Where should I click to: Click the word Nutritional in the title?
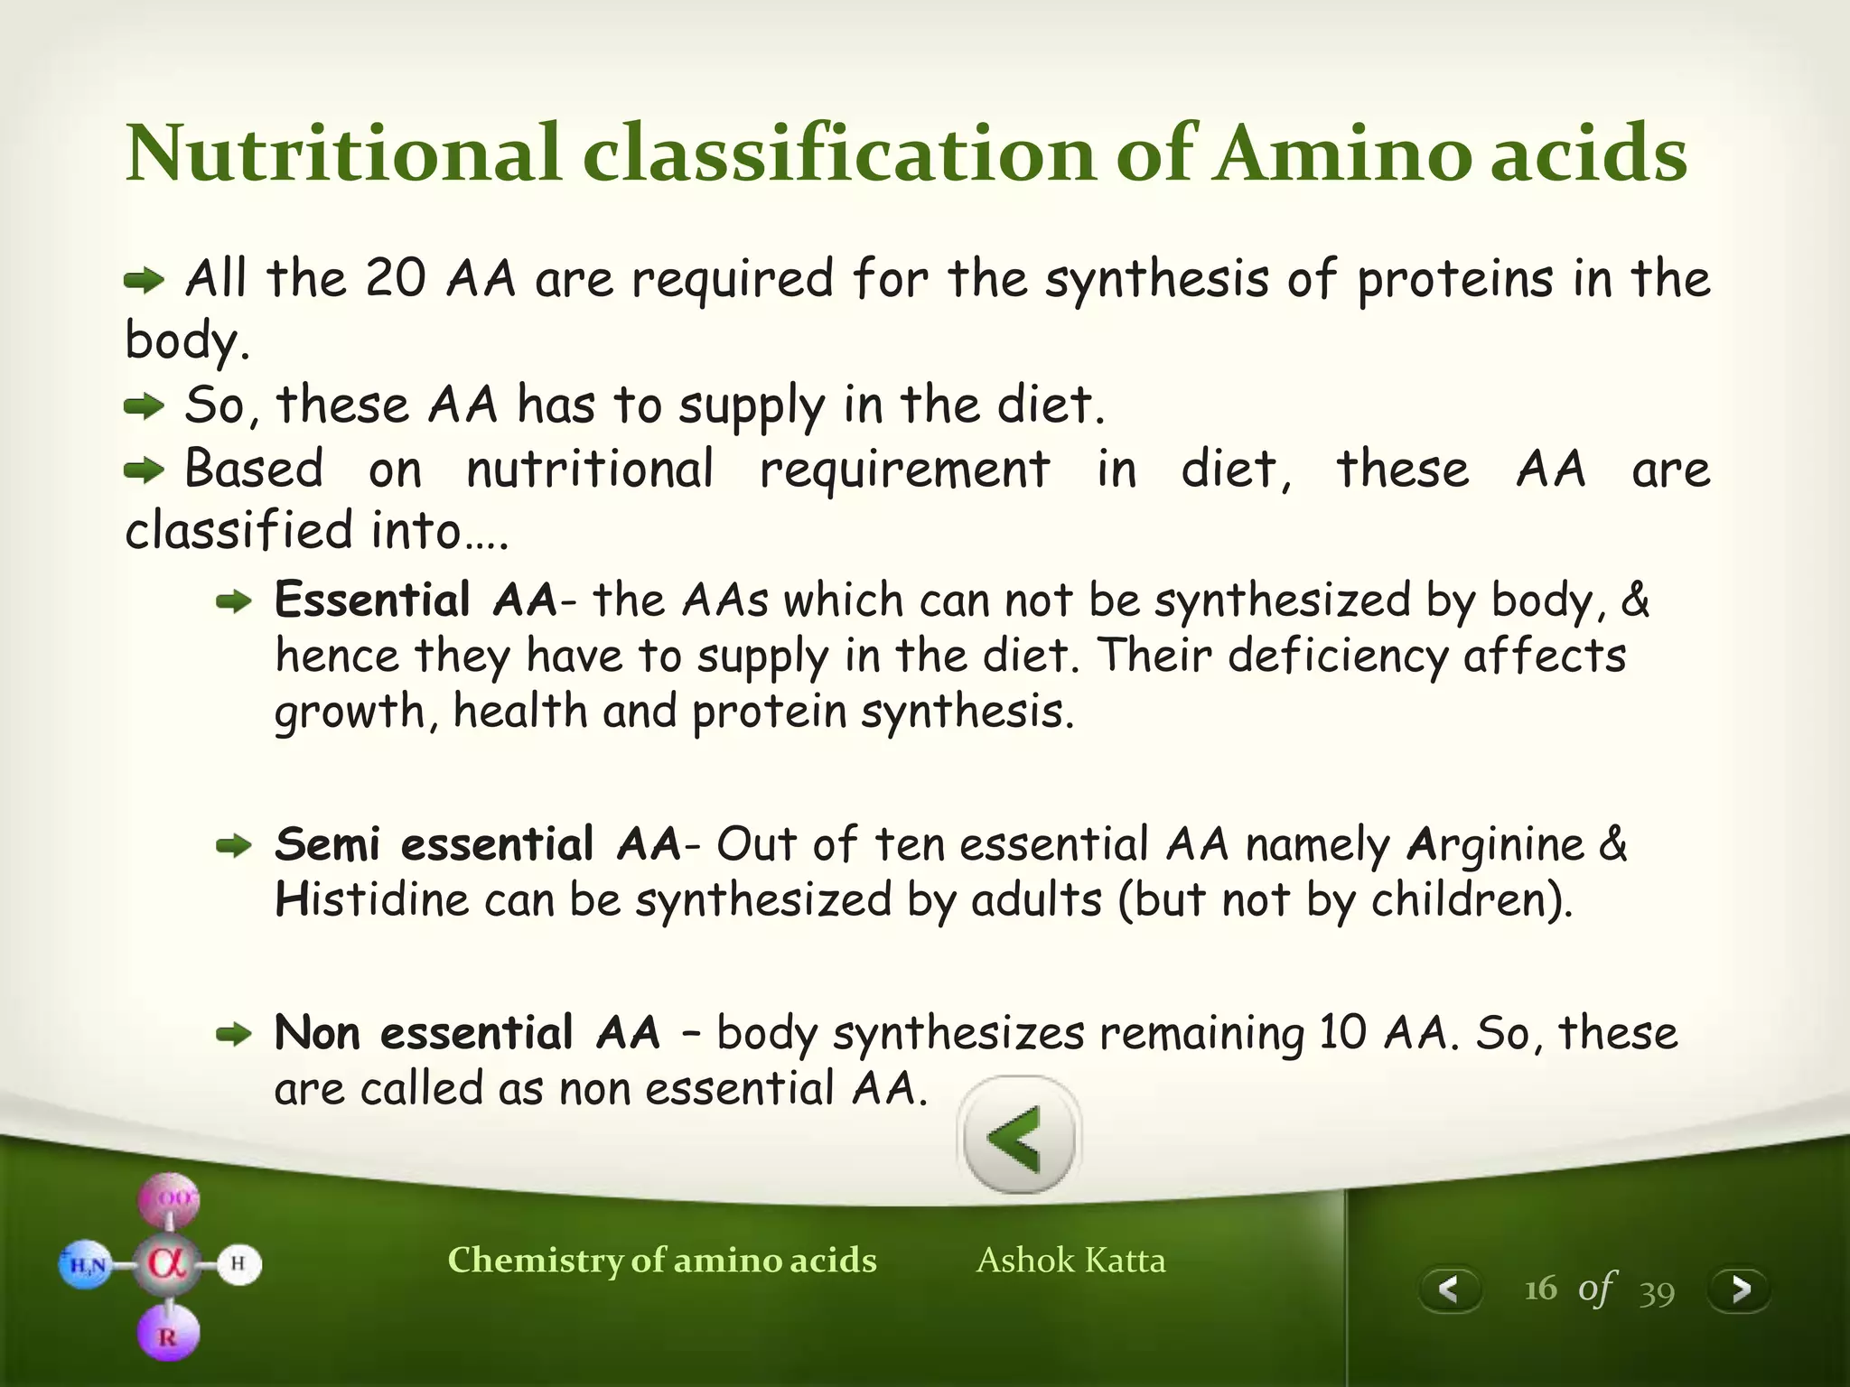pyautogui.click(x=343, y=154)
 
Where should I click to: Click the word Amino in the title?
pyautogui.click(x=1341, y=154)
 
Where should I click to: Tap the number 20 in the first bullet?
pyautogui.click(x=395, y=278)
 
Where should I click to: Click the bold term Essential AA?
pyautogui.click(x=416, y=600)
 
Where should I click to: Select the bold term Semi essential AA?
pyautogui.click(x=477, y=845)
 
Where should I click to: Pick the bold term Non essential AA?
pyautogui.click(x=466, y=1033)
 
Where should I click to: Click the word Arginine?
pyautogui.click(x=1495, y=845)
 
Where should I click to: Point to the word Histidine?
pyautogui.click(x=371, y=900)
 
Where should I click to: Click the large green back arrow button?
pyautogui.click(x=1018, y=1137)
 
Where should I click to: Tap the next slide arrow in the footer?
pyautogui.click(x=1740, y=1289)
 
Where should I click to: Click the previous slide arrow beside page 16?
pyautogui.click(x=1449, y=1289)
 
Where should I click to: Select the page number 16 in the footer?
pyautogui.click(x=1540, y=1289)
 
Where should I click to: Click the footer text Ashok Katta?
pyautogui.click(x=1070, y=1261)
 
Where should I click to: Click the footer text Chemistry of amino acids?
pyautogui.click(x=662, y=1261)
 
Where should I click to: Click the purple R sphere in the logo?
pyautogui.click(x=168, y=1335)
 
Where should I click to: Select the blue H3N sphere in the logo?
pyautogui.click(x=86, y=1265)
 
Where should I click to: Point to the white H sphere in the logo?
pyautogui.click(x=238, y=1263)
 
